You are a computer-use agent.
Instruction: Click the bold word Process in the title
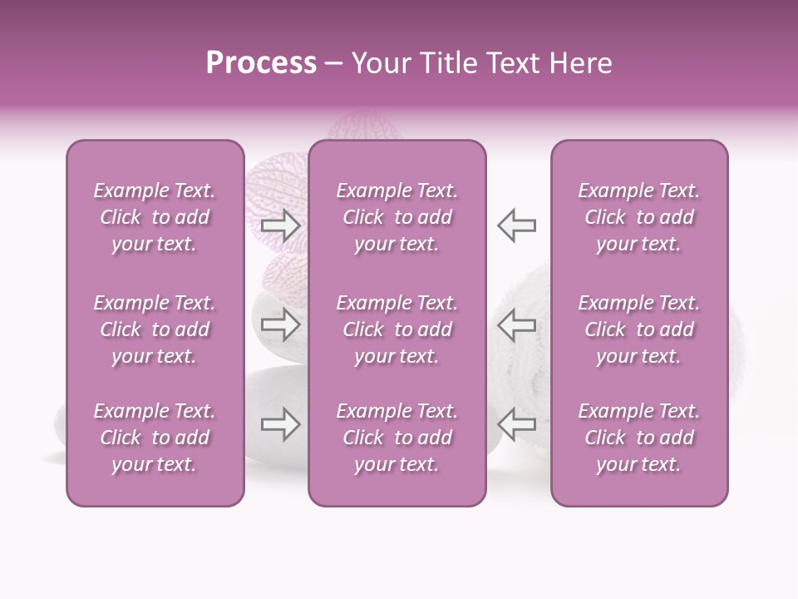261,63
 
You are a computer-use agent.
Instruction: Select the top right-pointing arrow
280,225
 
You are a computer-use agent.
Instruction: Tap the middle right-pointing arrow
280,324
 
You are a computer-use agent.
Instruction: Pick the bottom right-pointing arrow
280,425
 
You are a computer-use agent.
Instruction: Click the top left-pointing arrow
516,225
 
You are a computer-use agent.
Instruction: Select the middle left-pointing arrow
516,324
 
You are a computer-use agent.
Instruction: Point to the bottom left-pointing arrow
516,425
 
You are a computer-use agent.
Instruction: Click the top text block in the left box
155,217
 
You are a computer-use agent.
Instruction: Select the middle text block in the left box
155,329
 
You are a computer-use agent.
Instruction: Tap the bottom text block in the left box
155,438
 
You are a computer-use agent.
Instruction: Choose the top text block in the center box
397,217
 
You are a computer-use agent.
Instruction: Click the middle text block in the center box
397,329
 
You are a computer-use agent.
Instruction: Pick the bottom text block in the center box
397,438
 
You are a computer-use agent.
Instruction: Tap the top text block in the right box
639,217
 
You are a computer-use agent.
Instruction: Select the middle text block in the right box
639,329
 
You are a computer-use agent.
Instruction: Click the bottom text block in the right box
639,438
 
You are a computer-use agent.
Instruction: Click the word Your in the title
381,63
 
